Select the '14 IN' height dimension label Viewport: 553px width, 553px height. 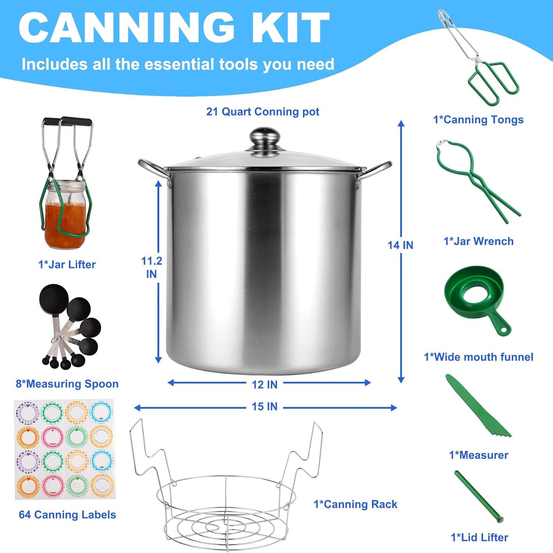pos(400,245)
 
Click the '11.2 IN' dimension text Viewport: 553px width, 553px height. pos(152,268)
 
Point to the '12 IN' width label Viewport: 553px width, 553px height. pos(264,385)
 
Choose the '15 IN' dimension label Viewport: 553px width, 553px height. pos(264,406)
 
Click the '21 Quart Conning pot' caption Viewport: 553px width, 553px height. pos(263,112)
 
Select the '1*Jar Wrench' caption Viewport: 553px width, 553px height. pos(478,241)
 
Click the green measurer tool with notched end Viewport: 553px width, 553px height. pos(478,405)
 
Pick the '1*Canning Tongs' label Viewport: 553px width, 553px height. pos(478,119)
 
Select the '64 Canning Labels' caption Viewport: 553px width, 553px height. pos(67,515)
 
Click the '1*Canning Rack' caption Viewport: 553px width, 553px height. pos(355,504)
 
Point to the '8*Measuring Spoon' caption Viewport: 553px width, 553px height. pos(67,384)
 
